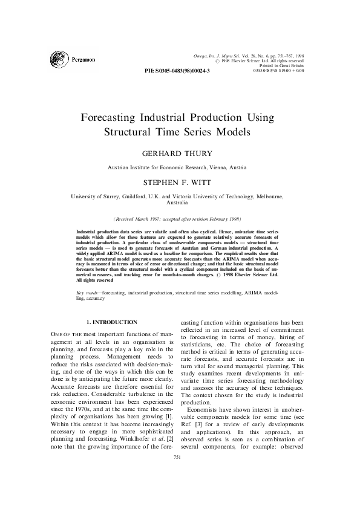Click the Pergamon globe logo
(61, 59)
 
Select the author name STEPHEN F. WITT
(180, 181)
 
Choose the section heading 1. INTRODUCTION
(112, 322)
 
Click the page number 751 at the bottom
(180, 492)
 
